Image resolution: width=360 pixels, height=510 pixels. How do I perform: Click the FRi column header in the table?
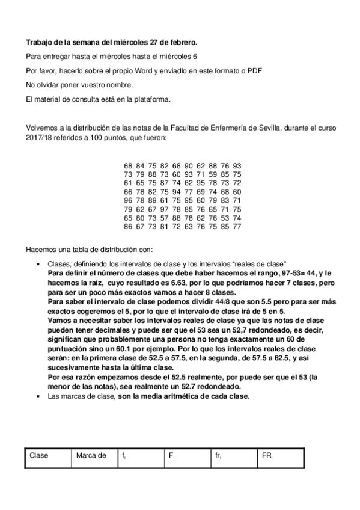click(267, 456)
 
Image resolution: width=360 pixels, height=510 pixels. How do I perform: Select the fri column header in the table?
click(218, 456)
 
